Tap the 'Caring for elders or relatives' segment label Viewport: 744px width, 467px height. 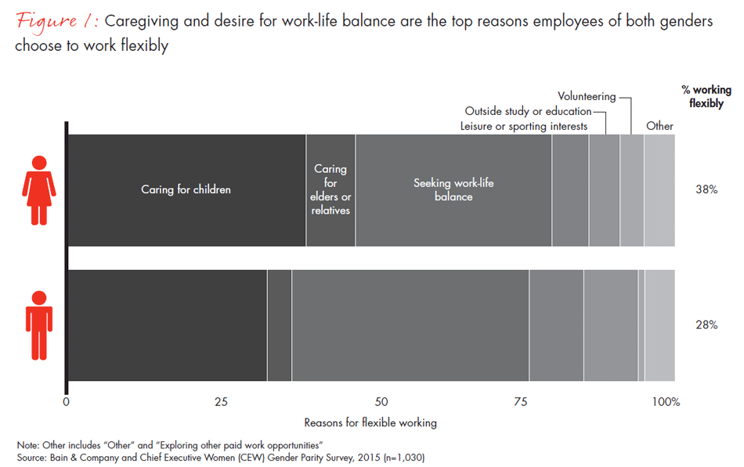tap(330, 190)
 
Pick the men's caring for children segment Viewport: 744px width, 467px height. tap(168, 325)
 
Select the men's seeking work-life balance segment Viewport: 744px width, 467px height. tap(410, 325)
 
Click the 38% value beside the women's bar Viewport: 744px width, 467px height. tap(706, 189)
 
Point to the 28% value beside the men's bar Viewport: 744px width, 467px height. tap(706, 324)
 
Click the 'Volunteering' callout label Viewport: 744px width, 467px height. tap(586, 97)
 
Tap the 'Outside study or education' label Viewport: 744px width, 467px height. tap(528, 111)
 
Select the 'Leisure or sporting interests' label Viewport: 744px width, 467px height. tap(523, 126)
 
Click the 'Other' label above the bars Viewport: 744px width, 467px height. tap(659, 126)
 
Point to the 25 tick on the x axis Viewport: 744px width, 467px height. tap(221, 402)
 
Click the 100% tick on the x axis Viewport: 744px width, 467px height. tap(666, 402)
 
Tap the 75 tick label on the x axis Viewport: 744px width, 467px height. tap(520, 402)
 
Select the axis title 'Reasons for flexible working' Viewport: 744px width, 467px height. tap(370, 422)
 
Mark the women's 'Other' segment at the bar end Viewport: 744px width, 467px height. tap(659, 190)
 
